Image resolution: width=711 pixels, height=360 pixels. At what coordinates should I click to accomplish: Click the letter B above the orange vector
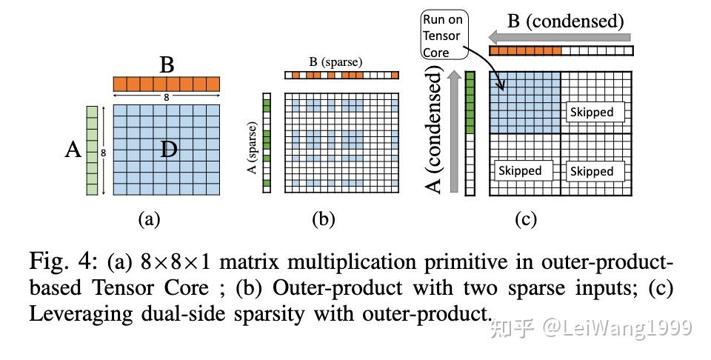click(x=167, y=64)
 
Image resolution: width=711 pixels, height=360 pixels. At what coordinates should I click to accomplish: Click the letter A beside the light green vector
click(x=73, y=150)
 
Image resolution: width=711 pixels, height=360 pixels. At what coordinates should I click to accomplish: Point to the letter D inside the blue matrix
click(x=169, y=150)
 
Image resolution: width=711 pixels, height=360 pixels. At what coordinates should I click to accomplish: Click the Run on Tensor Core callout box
click(x=442, y=36)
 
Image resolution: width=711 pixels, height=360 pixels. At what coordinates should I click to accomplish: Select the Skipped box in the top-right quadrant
click(x=591, y=112)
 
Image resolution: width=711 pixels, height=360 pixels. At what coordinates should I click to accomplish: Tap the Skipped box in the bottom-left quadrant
click(x=519, y=170)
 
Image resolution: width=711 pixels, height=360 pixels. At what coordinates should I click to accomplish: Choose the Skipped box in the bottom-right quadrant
click(x=591, y=171)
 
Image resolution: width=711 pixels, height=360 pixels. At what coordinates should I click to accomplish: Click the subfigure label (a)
click(x=149, y=219)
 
